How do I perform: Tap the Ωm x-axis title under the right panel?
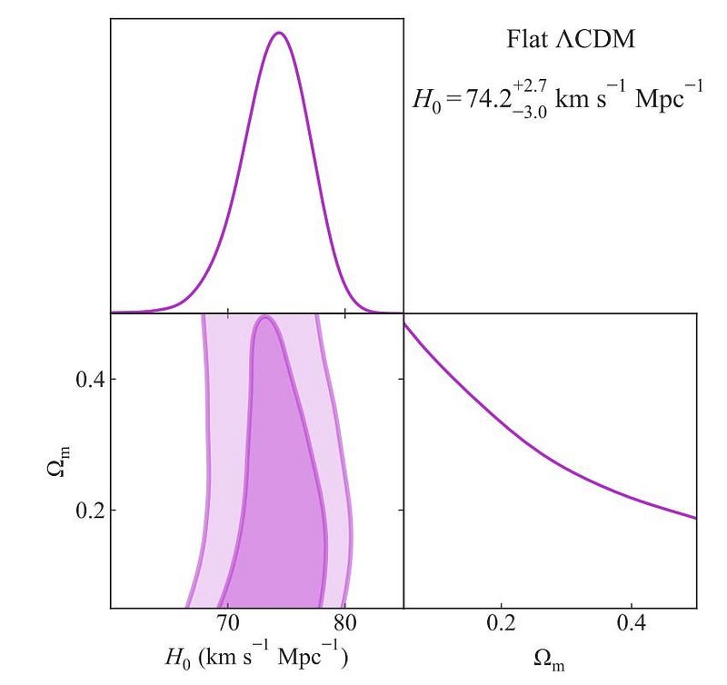pyautogui.click(x=550, y=660)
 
